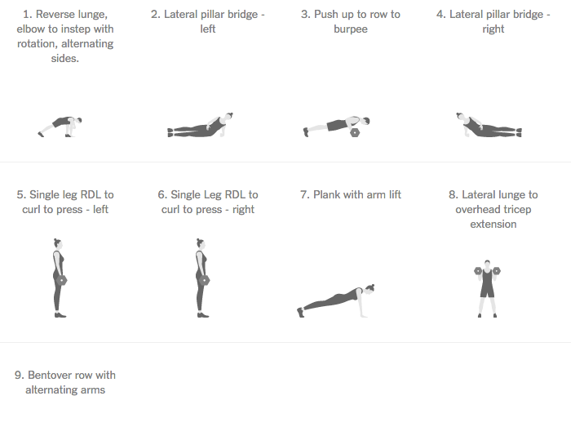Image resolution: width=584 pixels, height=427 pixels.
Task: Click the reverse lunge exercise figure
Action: coord(60,127)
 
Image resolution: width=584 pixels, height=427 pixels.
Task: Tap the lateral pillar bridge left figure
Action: coord(201,125)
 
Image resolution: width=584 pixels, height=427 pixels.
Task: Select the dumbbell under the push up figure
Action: coord(355,132)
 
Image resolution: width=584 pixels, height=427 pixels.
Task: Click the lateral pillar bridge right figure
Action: coord(489,125)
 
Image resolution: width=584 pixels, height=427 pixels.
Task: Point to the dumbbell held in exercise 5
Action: coord(62,280)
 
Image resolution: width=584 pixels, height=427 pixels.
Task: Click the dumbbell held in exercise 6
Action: coord(205,280)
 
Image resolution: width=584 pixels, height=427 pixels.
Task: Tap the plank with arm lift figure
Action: coord(336,300)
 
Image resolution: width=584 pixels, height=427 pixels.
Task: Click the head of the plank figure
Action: coord(369,289)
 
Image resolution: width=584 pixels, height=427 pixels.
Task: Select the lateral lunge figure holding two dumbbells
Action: coord(487,289)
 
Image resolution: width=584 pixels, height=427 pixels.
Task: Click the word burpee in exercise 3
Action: coord(351,29)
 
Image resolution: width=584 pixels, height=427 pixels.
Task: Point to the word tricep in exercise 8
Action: coord(515,209)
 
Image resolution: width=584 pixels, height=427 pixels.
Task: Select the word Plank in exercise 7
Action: coord(326,194)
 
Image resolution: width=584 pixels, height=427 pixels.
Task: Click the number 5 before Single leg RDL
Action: coord(20,194)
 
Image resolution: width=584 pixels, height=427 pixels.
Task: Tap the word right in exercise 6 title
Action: coord(243,210)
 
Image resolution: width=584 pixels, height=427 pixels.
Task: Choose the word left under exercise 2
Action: coord(208,29)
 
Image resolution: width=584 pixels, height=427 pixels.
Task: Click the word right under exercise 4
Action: coord(493,29)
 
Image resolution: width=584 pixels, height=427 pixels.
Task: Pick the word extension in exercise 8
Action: coord(493,225)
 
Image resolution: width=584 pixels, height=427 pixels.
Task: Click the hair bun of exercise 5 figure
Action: coord(55,240)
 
